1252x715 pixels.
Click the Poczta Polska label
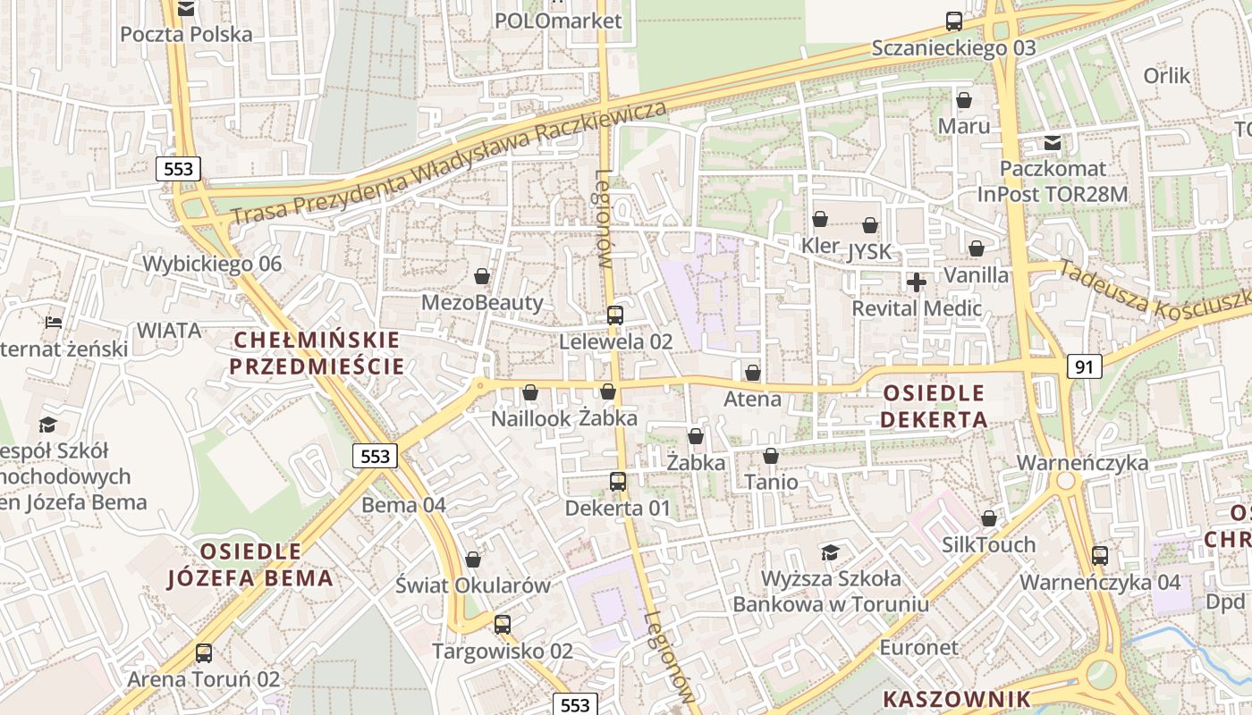pos(186,35)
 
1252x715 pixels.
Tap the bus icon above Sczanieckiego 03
pos(954,21)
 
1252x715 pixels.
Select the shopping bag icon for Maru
pos(964,100)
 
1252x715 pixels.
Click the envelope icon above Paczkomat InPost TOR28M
pos(1053,142)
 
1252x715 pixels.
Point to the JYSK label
pos(871,251)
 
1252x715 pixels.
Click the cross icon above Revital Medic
pos(917,282)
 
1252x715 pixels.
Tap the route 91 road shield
pos(1084,366)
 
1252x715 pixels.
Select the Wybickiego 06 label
pos(212,264)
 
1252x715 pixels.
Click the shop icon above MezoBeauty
pos(482,276)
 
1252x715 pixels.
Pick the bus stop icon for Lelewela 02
pos(615,315)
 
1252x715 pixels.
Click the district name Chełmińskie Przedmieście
pos(317,353)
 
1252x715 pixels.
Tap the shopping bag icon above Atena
pos(753,372)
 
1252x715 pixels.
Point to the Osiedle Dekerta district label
pos(934,407)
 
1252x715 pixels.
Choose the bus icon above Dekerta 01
pos(617,482)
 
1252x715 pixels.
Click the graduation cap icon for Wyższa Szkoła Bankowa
pos(831,551)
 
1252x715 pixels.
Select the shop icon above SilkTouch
pos(989,518)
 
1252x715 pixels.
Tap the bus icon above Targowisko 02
pos(503,625)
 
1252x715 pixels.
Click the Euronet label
pos(918,647)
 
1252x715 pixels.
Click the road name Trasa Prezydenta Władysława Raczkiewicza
pos(450,163)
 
